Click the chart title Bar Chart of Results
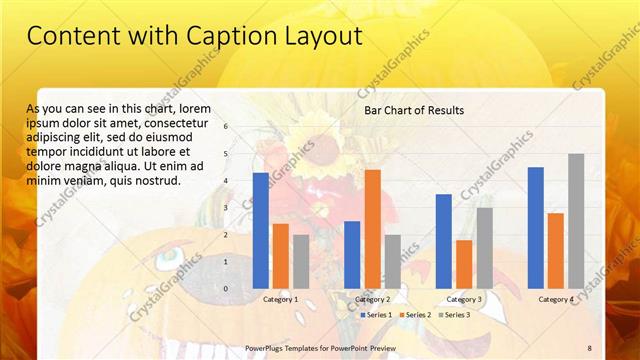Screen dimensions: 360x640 pos(414,110)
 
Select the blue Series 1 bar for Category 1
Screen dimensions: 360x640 pos(261,230)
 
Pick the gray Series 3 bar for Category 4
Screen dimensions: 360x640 pos(576,220)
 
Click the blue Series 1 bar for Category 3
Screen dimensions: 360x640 pos(444,240)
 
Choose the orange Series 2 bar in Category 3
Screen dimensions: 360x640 pos(464,263)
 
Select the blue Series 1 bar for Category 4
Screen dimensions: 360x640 pos(536,227)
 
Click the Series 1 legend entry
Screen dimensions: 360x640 pos(376,315)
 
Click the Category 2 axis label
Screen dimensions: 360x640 pos(372,299)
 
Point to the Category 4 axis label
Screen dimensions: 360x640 pos(556,299)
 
